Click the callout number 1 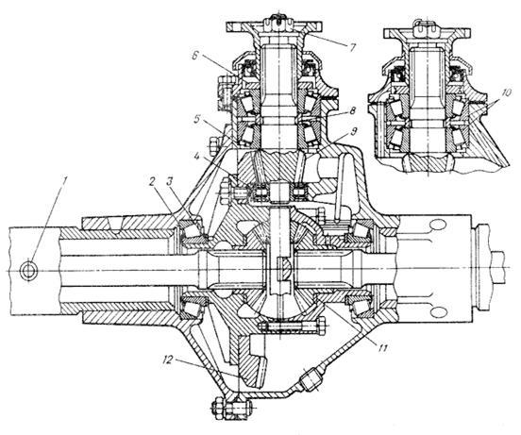(65, 181)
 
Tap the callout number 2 (152, 182)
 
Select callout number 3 (169, 182)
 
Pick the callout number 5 (197, 119)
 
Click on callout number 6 (195, 55)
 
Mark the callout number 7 (352, 47)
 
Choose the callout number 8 (352, 110)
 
